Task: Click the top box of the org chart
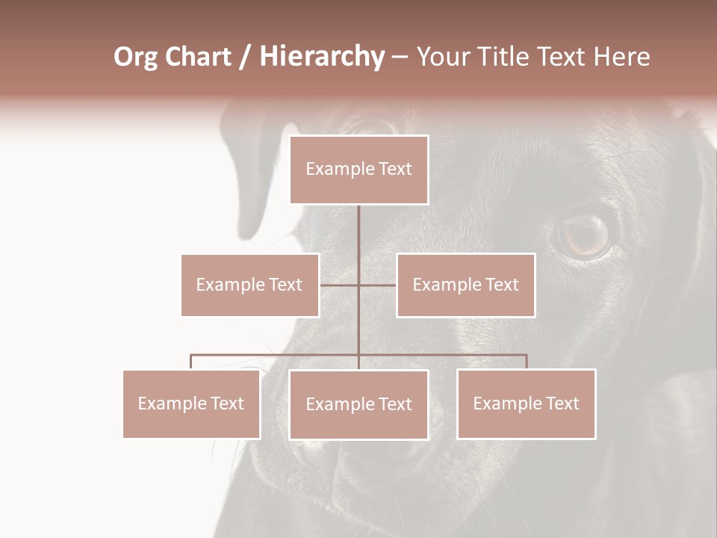pos(358,170)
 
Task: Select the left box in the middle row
pos(249,285)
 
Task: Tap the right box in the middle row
pos(465,285)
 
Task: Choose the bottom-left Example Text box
pos(191,403)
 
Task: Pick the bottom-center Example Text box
pos(358,404)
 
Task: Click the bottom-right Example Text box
pos(526,403)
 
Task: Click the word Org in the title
pos(135,58)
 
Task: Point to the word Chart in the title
pos(198,58)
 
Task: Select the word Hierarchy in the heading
pos(322,58)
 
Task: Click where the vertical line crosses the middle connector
pos(358,285)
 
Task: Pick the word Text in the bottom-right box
pos(562,403)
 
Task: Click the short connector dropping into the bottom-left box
pos(191,362)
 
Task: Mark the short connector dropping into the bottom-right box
pos(527,362)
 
